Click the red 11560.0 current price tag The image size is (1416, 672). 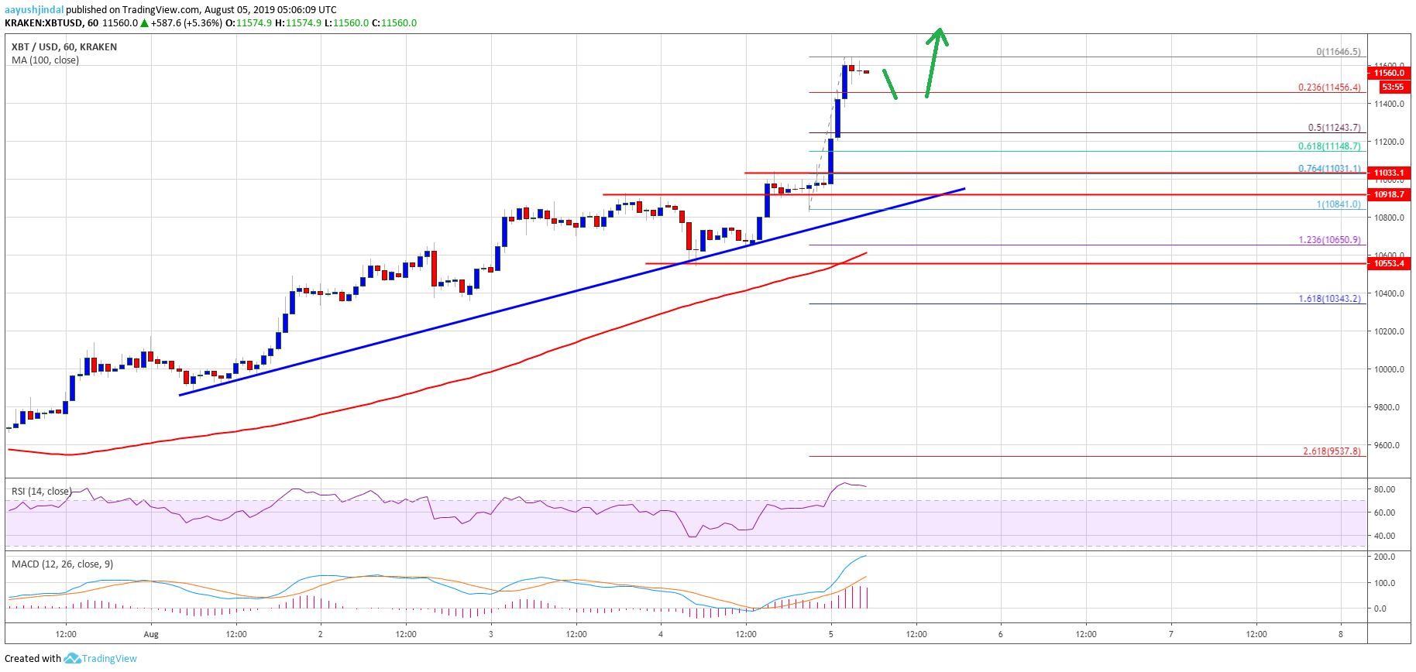pos(1389,73)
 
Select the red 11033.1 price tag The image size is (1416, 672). pos(1389,173)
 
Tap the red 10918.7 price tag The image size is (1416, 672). pos(1389,194)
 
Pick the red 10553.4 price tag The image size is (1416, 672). pos(1389,263)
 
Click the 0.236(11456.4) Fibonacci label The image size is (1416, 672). pos(1329,87)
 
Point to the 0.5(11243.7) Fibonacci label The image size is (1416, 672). pos(1334,128)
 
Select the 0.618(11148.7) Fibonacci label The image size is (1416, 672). pos(1329,146)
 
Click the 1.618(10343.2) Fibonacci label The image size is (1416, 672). pos(1329,299)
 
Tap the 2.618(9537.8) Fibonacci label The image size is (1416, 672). pos(1332,451)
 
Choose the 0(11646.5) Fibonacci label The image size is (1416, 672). pos(1338,52)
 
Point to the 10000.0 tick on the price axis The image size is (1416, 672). pos(1389,369)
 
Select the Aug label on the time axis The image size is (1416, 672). pos(151,634)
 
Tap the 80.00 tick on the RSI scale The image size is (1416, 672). pos(1384,489)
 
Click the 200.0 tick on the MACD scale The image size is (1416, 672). pos(1384,557)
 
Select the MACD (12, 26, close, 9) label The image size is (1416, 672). pos(62,564)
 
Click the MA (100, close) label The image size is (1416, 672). pos(45,60)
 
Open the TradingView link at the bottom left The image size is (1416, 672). pos(108,659)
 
